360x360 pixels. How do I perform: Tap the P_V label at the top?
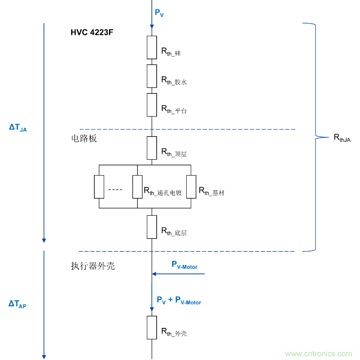[x=159, y=13]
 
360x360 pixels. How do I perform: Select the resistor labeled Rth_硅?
[x=152, y=47]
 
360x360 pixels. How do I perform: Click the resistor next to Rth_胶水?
[x=152, y=76]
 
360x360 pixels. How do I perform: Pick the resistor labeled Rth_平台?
[x=152, y=105]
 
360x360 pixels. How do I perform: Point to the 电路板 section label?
[x=84, y=139]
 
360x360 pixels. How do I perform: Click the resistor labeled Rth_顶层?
[x=152, y=148]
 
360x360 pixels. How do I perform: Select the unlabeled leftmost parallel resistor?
[x=99, y=187]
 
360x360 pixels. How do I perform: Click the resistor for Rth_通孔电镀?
[x=137, y=187]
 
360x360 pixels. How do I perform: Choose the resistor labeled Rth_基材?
[x=191, y=187]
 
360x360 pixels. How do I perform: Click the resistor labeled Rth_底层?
[x=152, y=227]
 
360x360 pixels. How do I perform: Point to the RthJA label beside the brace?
[x=342, y=138]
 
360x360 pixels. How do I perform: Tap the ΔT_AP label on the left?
[x=17, y=304]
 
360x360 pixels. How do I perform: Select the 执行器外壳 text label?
[x=93, y=266]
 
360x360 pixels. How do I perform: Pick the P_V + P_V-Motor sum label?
[x=179, y=300]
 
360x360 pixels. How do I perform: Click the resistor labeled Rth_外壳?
[x=152, y=327]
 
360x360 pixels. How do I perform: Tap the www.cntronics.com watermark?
[x=319, y=353]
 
